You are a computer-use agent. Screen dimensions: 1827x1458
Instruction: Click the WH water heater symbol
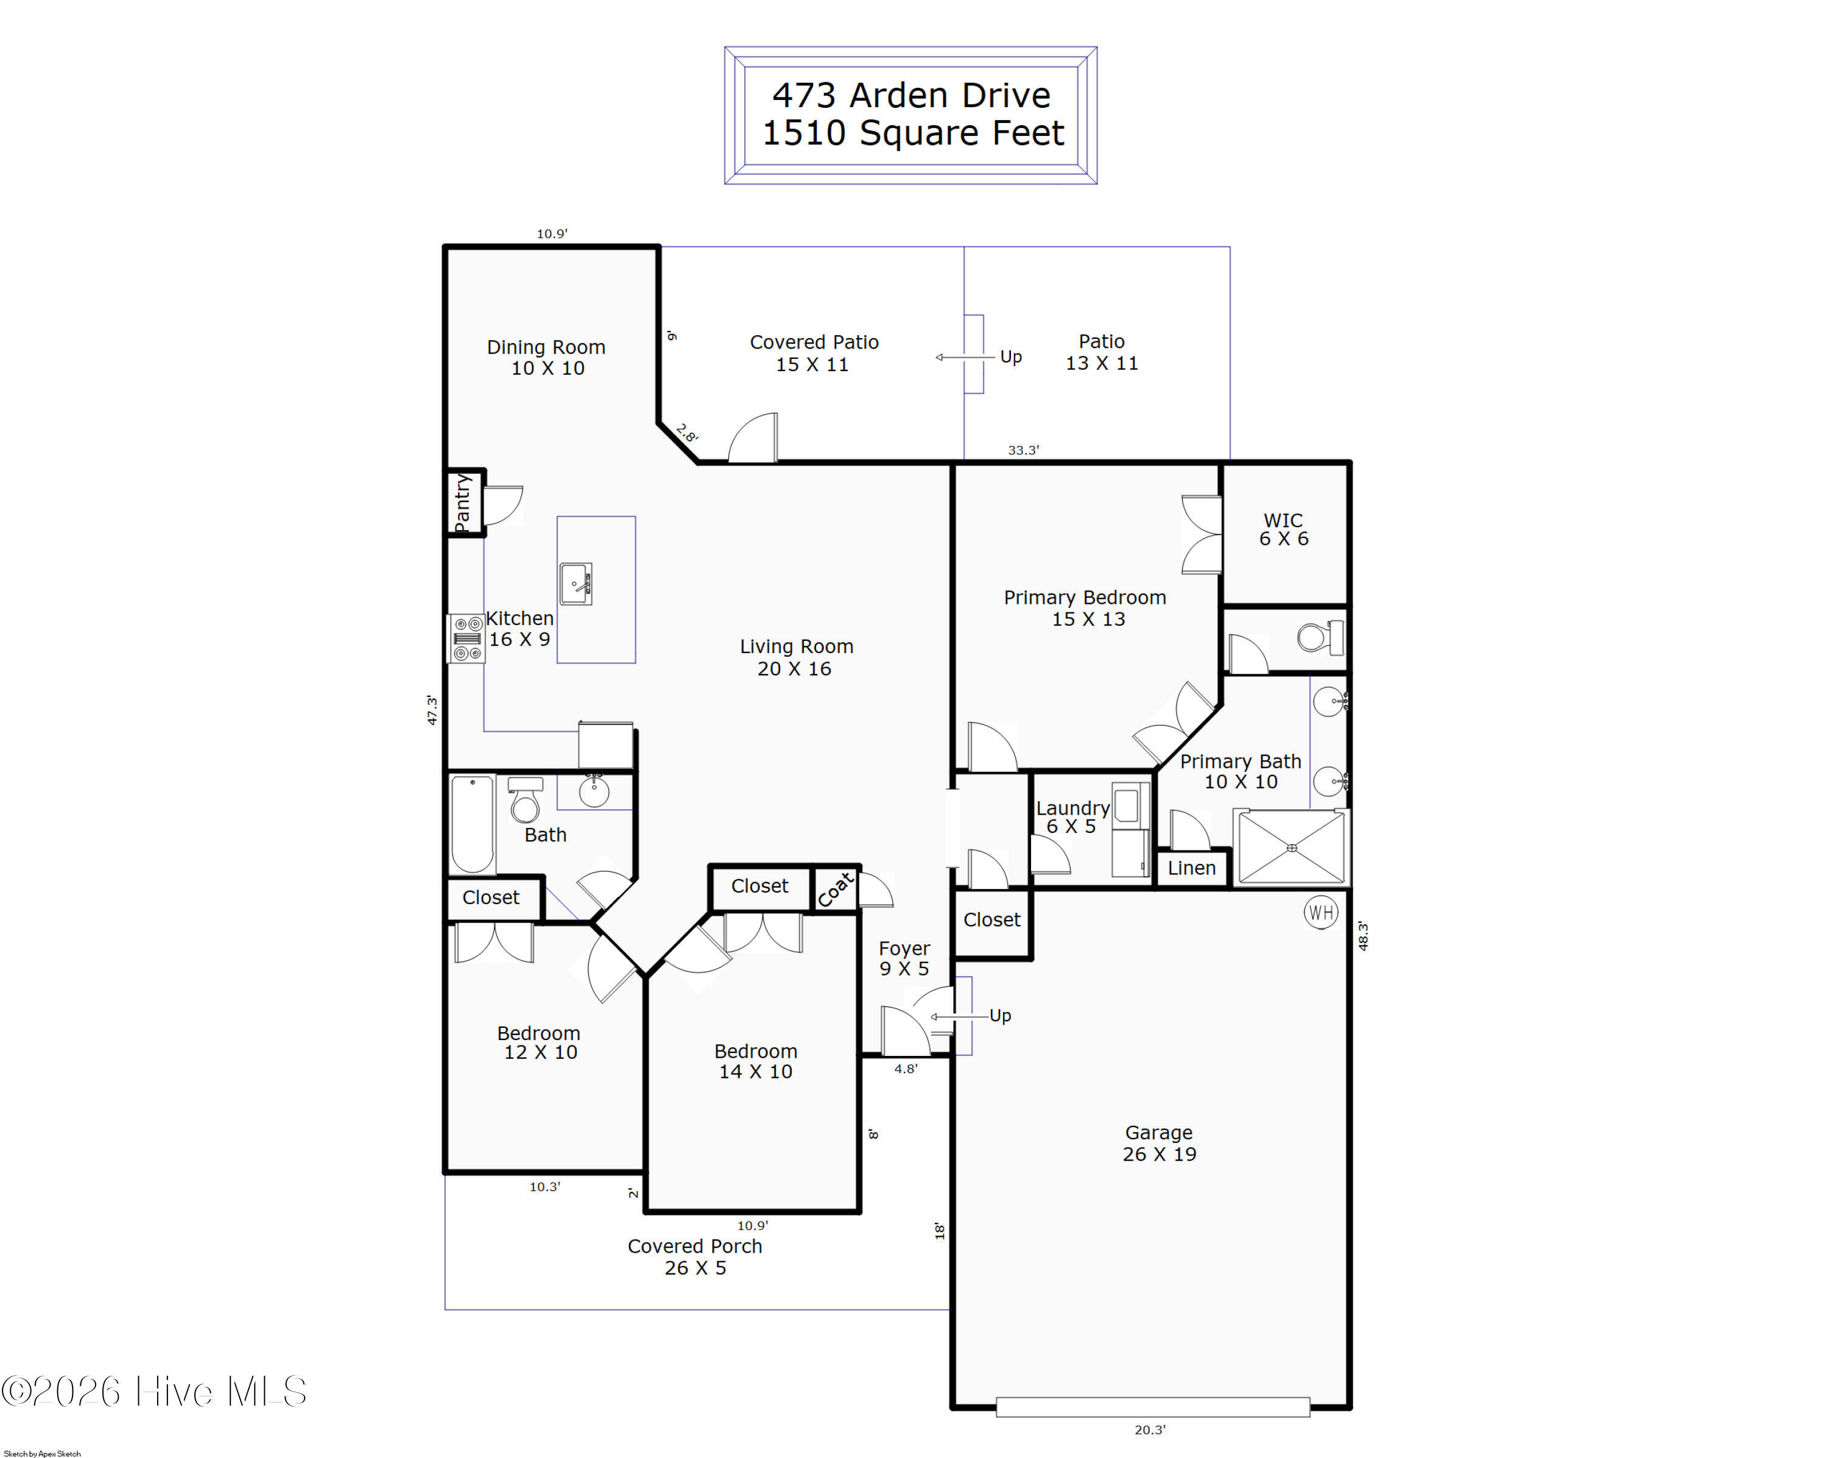pos(1320,912)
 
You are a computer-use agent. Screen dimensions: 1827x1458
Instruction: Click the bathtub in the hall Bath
pos(472,824)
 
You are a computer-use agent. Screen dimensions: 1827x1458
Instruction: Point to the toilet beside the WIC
pos(1320,637)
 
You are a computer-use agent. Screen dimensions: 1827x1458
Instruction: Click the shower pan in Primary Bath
pos(1292,848)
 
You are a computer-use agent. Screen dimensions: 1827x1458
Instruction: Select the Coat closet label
pos(836,889)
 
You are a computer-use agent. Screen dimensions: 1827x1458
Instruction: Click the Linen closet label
pos(1191,868)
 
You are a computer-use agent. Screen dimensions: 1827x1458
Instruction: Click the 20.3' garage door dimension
pos(1150,1429)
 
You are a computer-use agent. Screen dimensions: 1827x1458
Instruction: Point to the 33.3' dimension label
pos(1023,450)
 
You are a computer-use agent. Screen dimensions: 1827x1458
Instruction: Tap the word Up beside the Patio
pos(1010,357)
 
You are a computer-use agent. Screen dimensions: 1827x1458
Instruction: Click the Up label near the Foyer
pos(1000,1016)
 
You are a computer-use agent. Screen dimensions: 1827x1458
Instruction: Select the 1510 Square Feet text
pos(913,133)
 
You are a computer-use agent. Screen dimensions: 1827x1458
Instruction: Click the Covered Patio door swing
pos(753,437)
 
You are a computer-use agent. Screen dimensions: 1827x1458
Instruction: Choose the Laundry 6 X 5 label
pos(1072,817)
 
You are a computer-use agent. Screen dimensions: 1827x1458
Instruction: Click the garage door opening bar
pos(1152,1407)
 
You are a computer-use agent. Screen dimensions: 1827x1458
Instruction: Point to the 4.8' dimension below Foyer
pos(905,1069)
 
